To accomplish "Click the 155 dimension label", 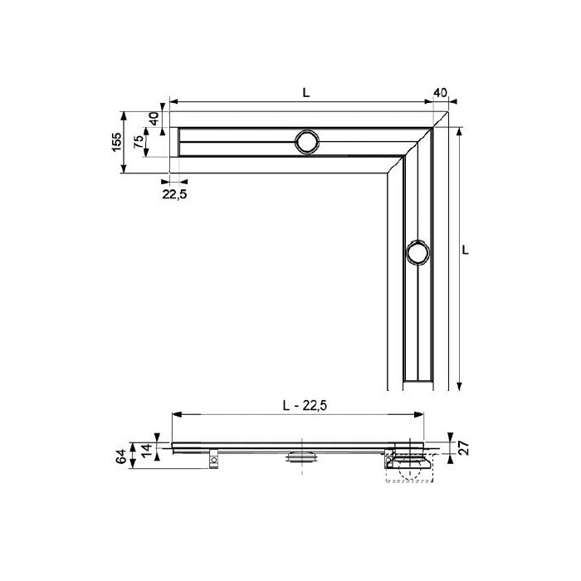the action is (117, 142).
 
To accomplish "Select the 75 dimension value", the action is (138, 142).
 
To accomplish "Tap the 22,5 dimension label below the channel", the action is (174, 193).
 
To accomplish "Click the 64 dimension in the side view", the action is (121, 456).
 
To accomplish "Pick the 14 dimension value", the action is (147, 449).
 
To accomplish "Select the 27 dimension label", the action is (465, 447).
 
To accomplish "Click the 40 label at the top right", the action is (440, 93).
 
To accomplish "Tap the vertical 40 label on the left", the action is (154, 119).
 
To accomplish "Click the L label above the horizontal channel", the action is (305, 93).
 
